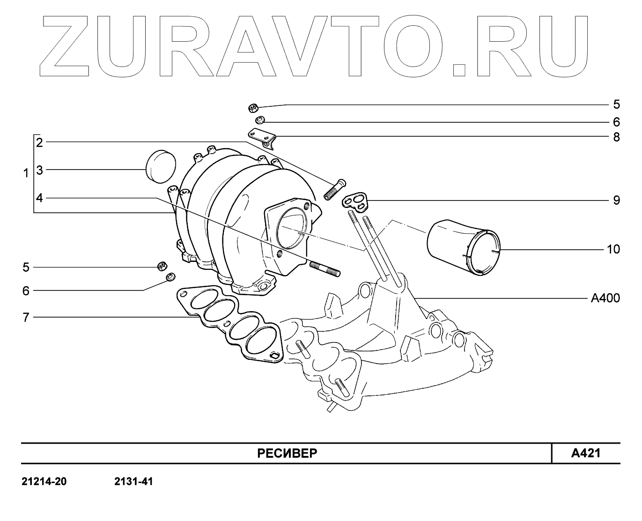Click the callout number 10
612,249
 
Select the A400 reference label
605,298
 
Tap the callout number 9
616,201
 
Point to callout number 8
616,137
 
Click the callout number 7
26,318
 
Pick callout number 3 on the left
40,170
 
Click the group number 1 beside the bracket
26,173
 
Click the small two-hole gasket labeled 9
356,201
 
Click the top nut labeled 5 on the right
253,108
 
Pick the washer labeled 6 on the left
171,278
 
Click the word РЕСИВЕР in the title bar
287,454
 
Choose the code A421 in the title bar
585,453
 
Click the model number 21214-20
44,482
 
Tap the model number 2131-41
133,482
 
